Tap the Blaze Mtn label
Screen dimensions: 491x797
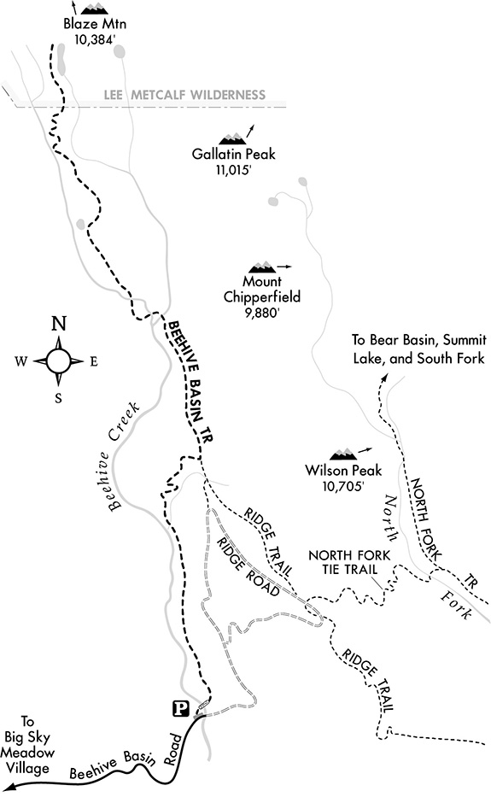pyautogui.click(x=95, y=24)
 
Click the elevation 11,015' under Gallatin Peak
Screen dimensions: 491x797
pyautogui.click(x=233, y=170)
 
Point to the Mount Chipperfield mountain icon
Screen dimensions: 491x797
pyautogui.click(x=262, y=267)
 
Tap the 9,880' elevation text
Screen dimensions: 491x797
pyautogui.click(x=262, y=313)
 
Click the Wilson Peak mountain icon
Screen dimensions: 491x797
pyautogui.click(x=342, y=454)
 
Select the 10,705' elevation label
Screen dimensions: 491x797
pyautogui.click(x=343, y=486)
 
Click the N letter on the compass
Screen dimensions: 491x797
pyautogui.click(x=60, y=324)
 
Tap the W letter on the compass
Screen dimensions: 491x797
pyautogui.click(x=20, y=361)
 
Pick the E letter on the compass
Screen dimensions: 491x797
pyautogui.click(x=94, y=362)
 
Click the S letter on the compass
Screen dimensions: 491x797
pyautogui.click(x=58, y=398)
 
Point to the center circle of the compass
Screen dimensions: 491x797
pyautogui.click(x=59, y=361)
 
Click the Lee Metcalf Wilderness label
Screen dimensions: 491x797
pyautogui.click(x=184, y=95)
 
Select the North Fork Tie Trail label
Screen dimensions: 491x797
pyautogui.click(x=349, y=562)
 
